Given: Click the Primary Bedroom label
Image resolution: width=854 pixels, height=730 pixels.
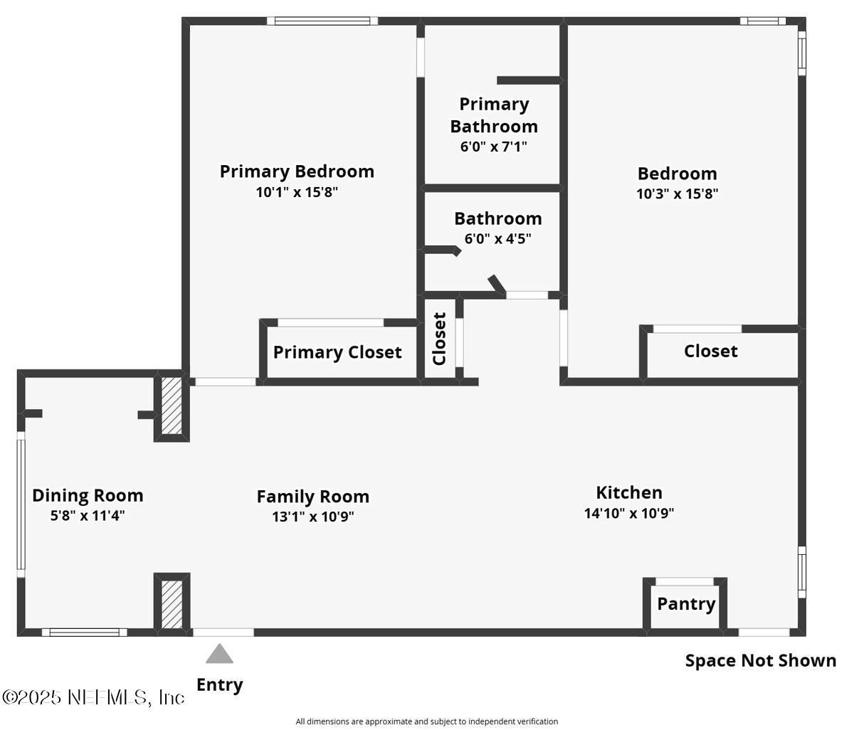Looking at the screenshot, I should [x=297, y=171].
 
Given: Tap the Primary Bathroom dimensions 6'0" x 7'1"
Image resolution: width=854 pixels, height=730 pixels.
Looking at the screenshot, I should [x=493, y=147].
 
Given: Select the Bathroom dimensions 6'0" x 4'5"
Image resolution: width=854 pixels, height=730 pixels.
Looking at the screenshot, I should [x=497, y=238].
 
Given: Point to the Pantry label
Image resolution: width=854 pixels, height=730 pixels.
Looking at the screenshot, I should [x=685, y=604].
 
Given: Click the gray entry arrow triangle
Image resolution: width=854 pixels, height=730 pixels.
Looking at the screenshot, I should [x=220, y=654].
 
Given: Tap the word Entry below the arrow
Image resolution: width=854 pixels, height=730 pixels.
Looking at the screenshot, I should [x=219, y=684].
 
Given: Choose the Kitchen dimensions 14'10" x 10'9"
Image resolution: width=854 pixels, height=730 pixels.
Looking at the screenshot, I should [x=629, y=513].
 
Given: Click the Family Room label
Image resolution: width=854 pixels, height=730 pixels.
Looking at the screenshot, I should [x=312, y=496].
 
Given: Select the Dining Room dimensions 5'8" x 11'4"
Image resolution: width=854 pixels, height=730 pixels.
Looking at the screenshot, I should [x=88, y=515].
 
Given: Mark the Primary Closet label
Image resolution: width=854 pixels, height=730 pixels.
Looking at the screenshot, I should [x=337, y=352].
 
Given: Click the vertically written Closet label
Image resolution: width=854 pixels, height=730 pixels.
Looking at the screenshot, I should [x=439, y=339].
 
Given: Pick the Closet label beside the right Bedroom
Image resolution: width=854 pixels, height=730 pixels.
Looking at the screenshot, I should [x=710, y=351].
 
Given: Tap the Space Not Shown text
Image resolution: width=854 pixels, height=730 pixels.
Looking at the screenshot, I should [x=760, y=660].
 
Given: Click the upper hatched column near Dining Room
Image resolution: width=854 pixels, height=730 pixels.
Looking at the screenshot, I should [x=171, y=406].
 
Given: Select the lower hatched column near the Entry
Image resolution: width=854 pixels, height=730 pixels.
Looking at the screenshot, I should [x=172, y=604].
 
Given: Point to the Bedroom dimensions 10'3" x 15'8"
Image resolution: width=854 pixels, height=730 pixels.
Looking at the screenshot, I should [x=677, y=194].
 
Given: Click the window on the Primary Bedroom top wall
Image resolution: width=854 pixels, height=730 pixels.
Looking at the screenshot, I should [x=323, y=21].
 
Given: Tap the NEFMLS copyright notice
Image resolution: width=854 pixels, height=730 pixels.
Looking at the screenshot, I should [x=93, y=697].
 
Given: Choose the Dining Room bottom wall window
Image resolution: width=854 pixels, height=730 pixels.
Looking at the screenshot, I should [x=84, y=633].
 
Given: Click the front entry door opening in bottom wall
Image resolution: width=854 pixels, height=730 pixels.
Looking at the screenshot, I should [x=223, y=632].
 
